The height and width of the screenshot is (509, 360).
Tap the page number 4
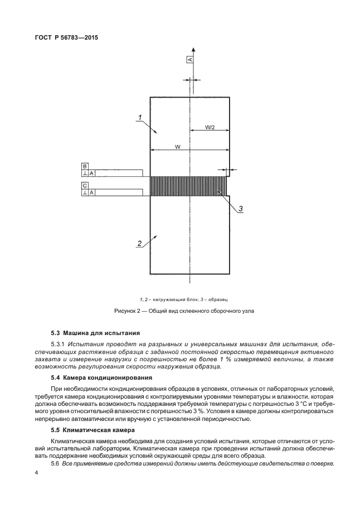click(36, 473)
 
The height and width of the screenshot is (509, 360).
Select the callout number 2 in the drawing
click(140, 243)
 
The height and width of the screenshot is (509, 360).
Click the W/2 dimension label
click(210, 128)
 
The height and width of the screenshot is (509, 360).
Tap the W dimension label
click(177, 147)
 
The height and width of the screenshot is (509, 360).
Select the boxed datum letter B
click(85, 166)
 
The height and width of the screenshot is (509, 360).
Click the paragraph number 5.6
click(55, 464)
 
